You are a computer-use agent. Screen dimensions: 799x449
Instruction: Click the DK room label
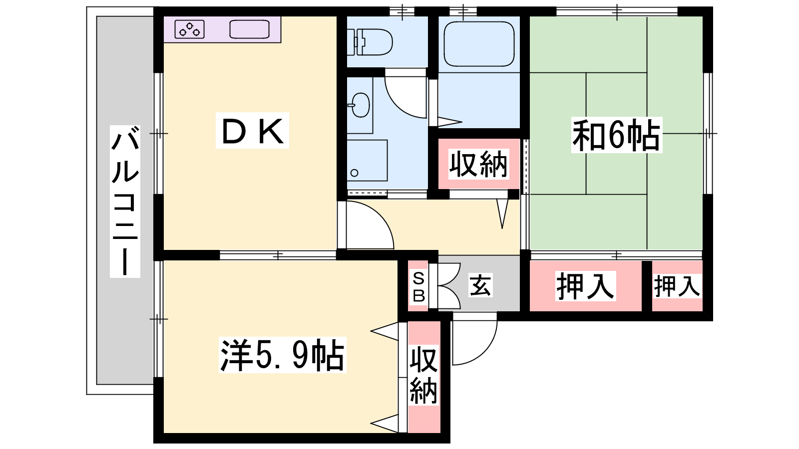252,131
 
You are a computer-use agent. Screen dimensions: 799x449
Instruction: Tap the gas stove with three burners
189,29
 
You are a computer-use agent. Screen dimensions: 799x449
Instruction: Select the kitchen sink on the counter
249,29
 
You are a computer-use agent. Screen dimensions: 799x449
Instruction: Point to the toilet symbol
370,42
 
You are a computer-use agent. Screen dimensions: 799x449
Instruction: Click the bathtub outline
479,44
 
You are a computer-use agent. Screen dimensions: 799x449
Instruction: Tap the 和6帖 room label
616,135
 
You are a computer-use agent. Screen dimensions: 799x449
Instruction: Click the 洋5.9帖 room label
282,355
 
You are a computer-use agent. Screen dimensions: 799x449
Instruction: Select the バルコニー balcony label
125,202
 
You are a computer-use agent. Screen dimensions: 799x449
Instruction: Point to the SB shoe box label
418,287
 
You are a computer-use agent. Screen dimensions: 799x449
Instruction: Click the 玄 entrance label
480,285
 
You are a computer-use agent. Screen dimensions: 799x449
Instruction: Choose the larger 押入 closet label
585,286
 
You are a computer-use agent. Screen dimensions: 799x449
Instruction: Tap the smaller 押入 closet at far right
676,286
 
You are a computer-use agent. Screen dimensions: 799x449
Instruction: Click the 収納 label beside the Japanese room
478,164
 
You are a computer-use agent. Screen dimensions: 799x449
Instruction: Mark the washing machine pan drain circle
354,173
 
